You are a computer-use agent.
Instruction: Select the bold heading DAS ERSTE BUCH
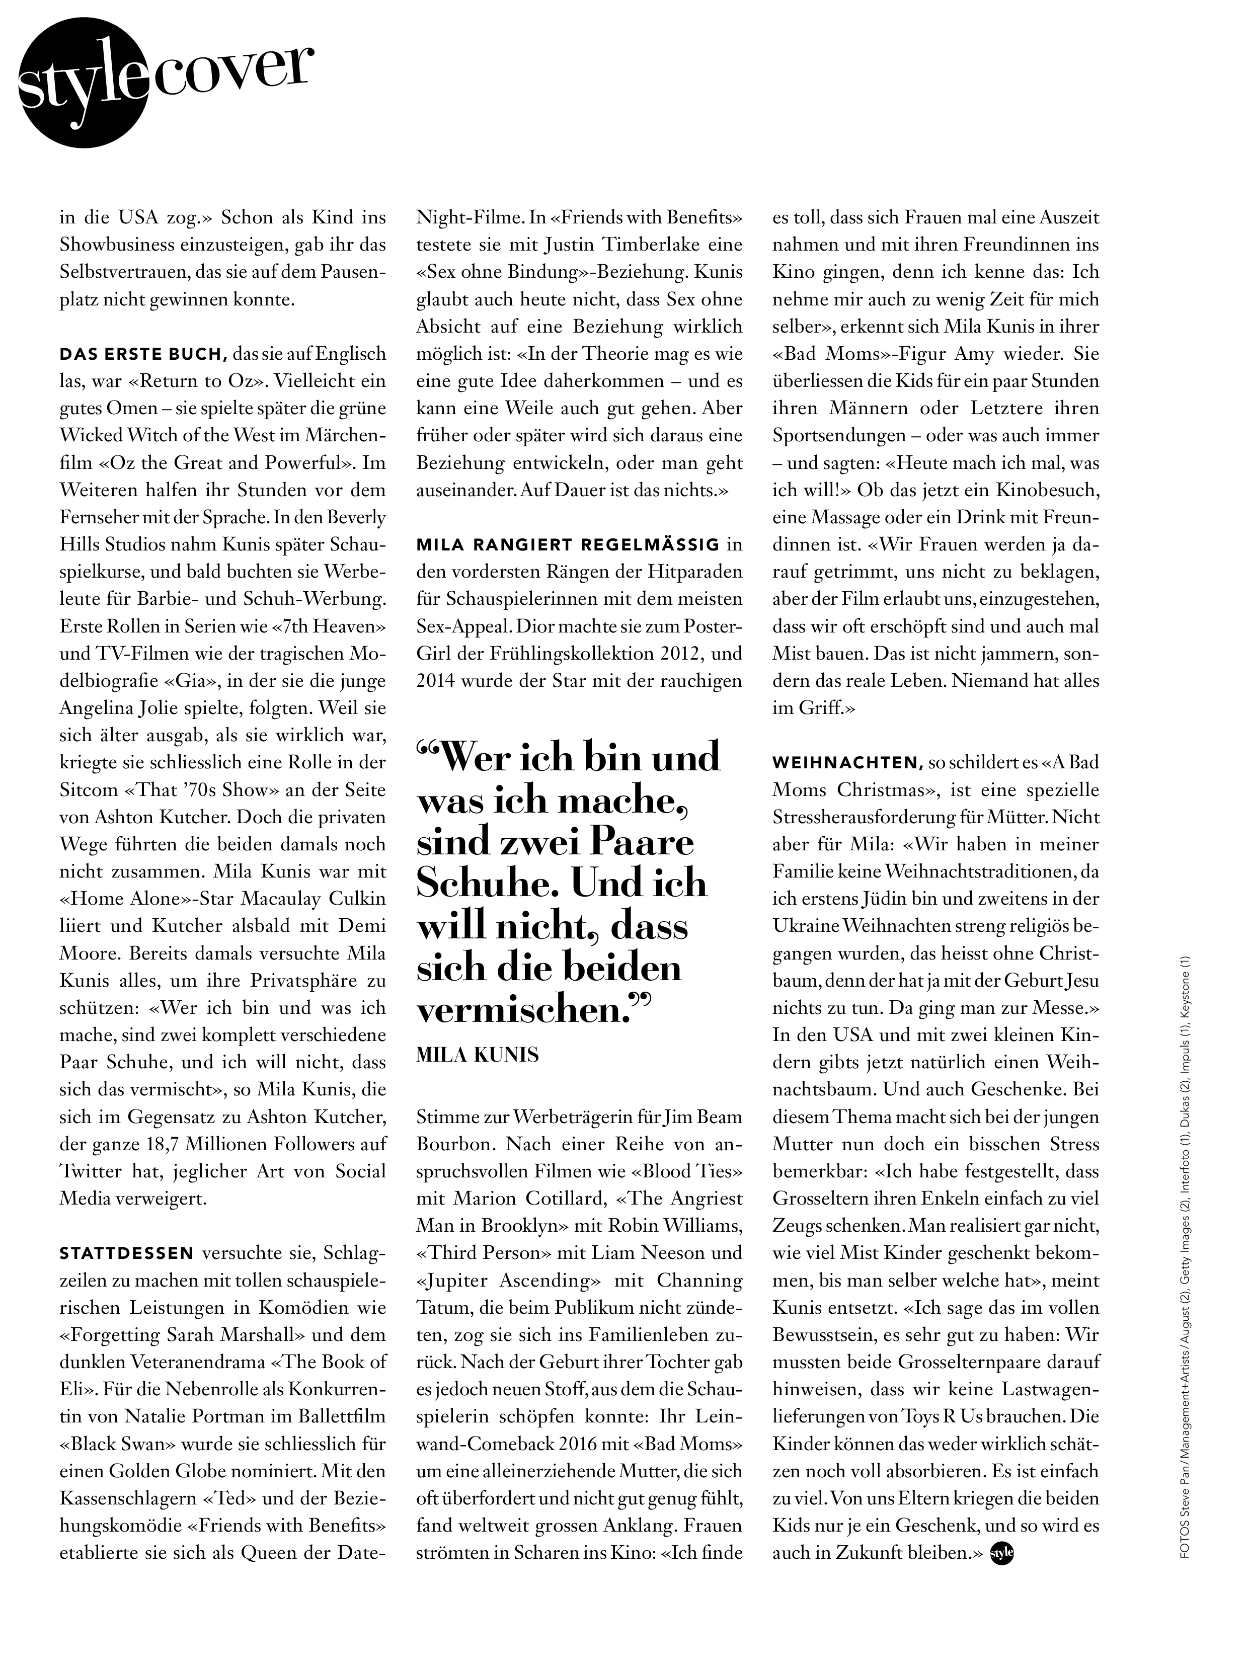click(143, 354)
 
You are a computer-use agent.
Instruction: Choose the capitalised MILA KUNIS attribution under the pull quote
click(478, 1055)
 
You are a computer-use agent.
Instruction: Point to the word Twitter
click(91, 1171)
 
